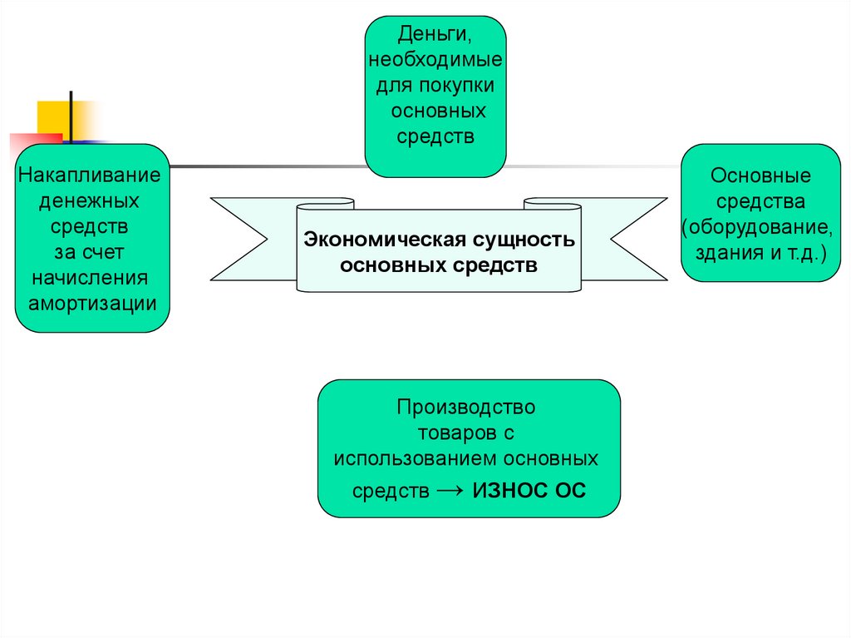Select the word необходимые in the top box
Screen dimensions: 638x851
tap(436, 61)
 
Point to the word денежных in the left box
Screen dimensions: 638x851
tap(91, 202)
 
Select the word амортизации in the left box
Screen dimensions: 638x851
tap(92, 302)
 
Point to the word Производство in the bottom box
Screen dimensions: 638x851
tap(466, 408)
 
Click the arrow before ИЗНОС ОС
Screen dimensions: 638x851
tap(450, 491)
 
